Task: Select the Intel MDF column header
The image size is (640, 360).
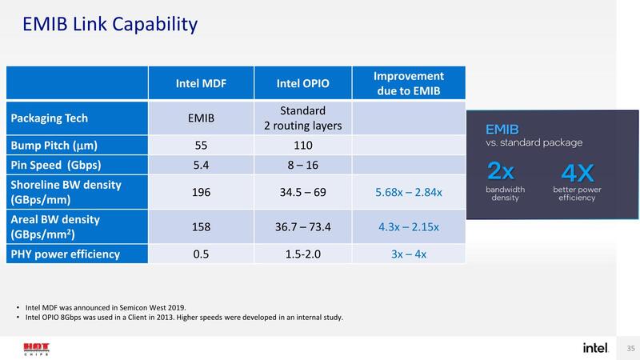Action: pos(201,83)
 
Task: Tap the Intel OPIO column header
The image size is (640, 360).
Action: pos(303,83)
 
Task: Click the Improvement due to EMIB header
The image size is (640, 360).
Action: pos(409,83)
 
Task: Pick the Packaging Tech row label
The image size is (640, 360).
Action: pos(50,118)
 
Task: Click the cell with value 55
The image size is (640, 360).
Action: pos(202,146)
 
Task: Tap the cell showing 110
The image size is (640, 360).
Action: pos(303,146)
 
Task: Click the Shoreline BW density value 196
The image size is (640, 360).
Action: pos(202,193)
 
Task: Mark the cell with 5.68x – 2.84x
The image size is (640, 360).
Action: pos(409,193)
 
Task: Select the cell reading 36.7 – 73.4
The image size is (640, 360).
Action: pos(303,227)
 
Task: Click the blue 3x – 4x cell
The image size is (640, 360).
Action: pos(409,254)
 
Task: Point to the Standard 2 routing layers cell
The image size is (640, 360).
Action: pos(303,118)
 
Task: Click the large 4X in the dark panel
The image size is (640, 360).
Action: pos(577,172)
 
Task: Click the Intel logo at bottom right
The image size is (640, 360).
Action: pos(595,348)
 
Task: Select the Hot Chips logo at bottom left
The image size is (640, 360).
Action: pos(35,349)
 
